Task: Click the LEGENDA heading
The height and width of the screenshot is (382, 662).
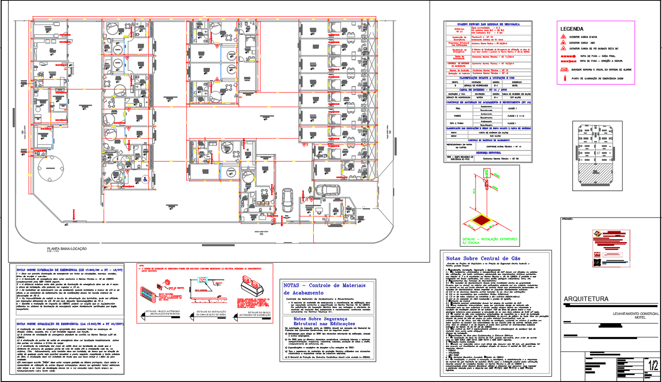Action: coord(572,29)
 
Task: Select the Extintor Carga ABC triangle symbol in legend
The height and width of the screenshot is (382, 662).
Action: coord(563,43)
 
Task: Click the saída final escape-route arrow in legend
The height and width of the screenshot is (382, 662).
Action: coord(568,56)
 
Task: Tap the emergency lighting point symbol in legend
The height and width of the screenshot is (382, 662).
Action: coord(564,78)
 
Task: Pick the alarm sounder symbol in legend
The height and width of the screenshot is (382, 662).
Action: coord(564,70)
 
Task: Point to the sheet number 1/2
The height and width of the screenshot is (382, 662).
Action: coord(653,365)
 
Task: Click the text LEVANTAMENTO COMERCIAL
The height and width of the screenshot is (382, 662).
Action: coord(636,314)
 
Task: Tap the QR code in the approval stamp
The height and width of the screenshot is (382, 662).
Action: coord(597,262)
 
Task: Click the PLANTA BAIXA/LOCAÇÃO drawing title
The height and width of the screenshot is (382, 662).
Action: coord(67,249)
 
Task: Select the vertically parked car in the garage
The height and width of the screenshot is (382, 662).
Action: coord(288,200)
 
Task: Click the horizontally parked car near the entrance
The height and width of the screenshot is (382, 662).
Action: coord(327,190)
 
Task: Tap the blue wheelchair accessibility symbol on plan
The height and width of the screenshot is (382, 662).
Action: coord(145,179)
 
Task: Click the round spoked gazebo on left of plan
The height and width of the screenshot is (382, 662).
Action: coord(51,168)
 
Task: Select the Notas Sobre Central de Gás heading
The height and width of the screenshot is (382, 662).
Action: coord(483,258)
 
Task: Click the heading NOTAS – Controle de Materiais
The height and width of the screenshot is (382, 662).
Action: coord(324,286)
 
